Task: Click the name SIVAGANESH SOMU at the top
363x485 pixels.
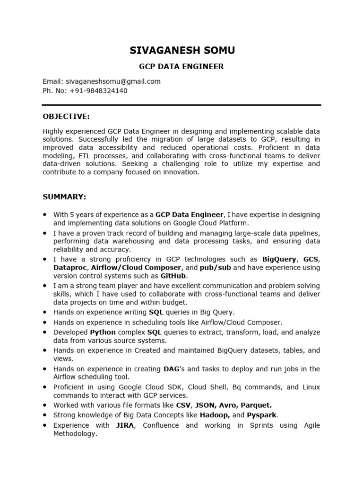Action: pyautogui.click(x=181, y=50)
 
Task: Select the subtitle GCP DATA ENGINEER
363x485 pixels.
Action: pyautogui.click(x=181, y=67)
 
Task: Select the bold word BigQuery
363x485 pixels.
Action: pyautogui.click(x=279, y=259)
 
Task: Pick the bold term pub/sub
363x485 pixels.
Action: pyautogui.click(x=215, y=268)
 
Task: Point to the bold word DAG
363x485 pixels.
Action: pyautogui.click(x=171, y=369)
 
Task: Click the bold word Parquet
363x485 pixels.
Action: pyautogui.click(x=256, y=405)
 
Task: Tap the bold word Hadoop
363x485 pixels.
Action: pyautogui.click(x=215, y=415)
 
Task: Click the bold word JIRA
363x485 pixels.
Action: pyautogui.click(x=126, y=425)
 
